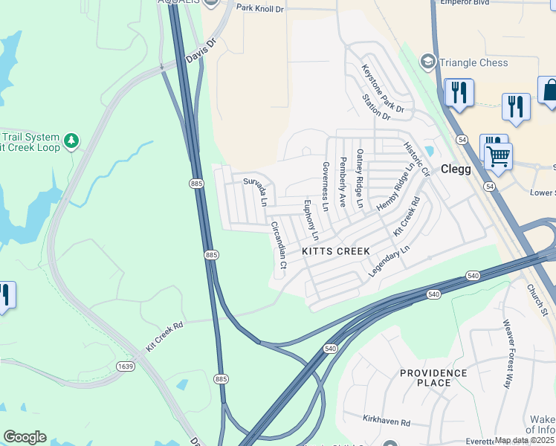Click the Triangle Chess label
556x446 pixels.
[x=473, y=62]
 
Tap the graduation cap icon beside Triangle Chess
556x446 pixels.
[x=427, y=61]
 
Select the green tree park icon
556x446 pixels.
[x=71, y=140]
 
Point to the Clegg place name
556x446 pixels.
[x=456, y=169]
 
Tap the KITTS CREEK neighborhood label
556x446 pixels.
[x=336, y=251]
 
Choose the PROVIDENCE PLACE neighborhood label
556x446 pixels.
[x=433, y=378]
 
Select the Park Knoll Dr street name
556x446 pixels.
[x=260, y=7]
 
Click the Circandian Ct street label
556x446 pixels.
[x=278, y=245]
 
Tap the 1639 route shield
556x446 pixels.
[x=126, y=366]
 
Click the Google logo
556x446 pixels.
[x=25, y=437]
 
